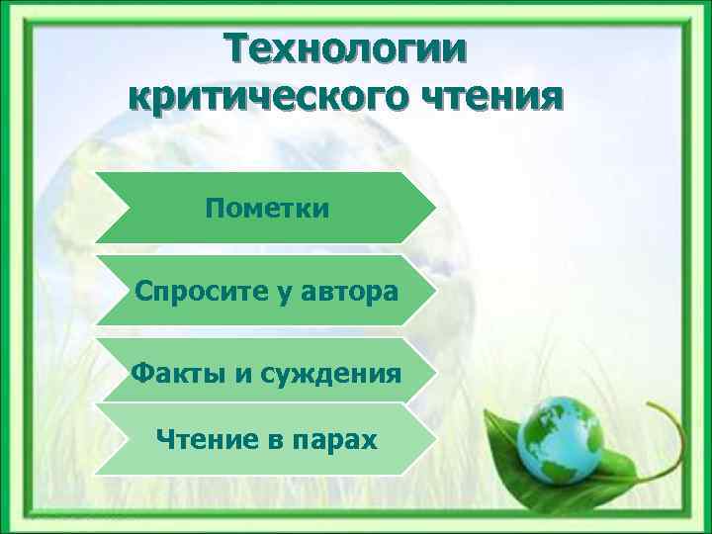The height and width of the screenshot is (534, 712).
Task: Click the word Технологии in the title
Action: tap(345, 49)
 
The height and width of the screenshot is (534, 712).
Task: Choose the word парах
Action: tap(336, 439)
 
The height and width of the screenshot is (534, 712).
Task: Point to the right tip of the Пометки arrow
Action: tap(434, 208)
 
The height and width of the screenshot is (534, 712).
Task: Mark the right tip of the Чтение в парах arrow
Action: tap(434, 439)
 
